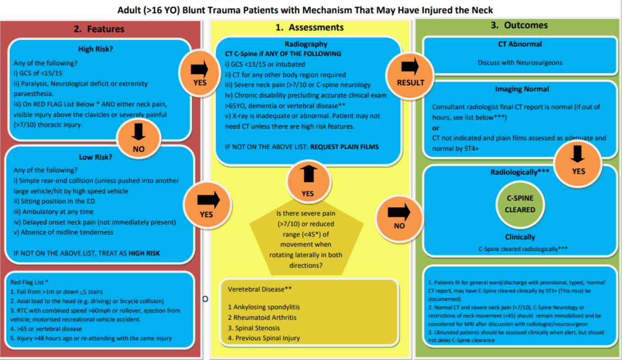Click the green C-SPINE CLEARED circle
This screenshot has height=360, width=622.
click(x=519, y=204)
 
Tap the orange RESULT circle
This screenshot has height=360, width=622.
click(x=410, y=73)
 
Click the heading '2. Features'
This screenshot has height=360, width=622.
click(x=99, y=29)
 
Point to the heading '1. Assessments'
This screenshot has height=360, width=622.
click(x=309, y=27)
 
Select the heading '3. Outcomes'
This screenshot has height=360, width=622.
click(x=519, y=25)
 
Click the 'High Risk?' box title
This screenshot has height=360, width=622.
click(x=96, y=49)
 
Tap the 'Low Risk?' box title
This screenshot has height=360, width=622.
click(x=96, y=157)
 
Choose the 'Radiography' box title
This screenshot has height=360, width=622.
click(x=306, y=44)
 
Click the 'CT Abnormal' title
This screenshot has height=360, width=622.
click(x=519, y=44)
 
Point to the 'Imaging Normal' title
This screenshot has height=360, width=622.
click(x=522, y=89)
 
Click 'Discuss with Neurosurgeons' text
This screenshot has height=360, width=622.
click(x=520, y=62)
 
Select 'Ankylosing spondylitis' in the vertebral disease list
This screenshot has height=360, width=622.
click(x=264, y=307)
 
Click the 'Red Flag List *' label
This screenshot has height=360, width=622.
click(x=29, y=283)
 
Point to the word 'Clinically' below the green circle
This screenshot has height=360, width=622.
click(x=520, y=237)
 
